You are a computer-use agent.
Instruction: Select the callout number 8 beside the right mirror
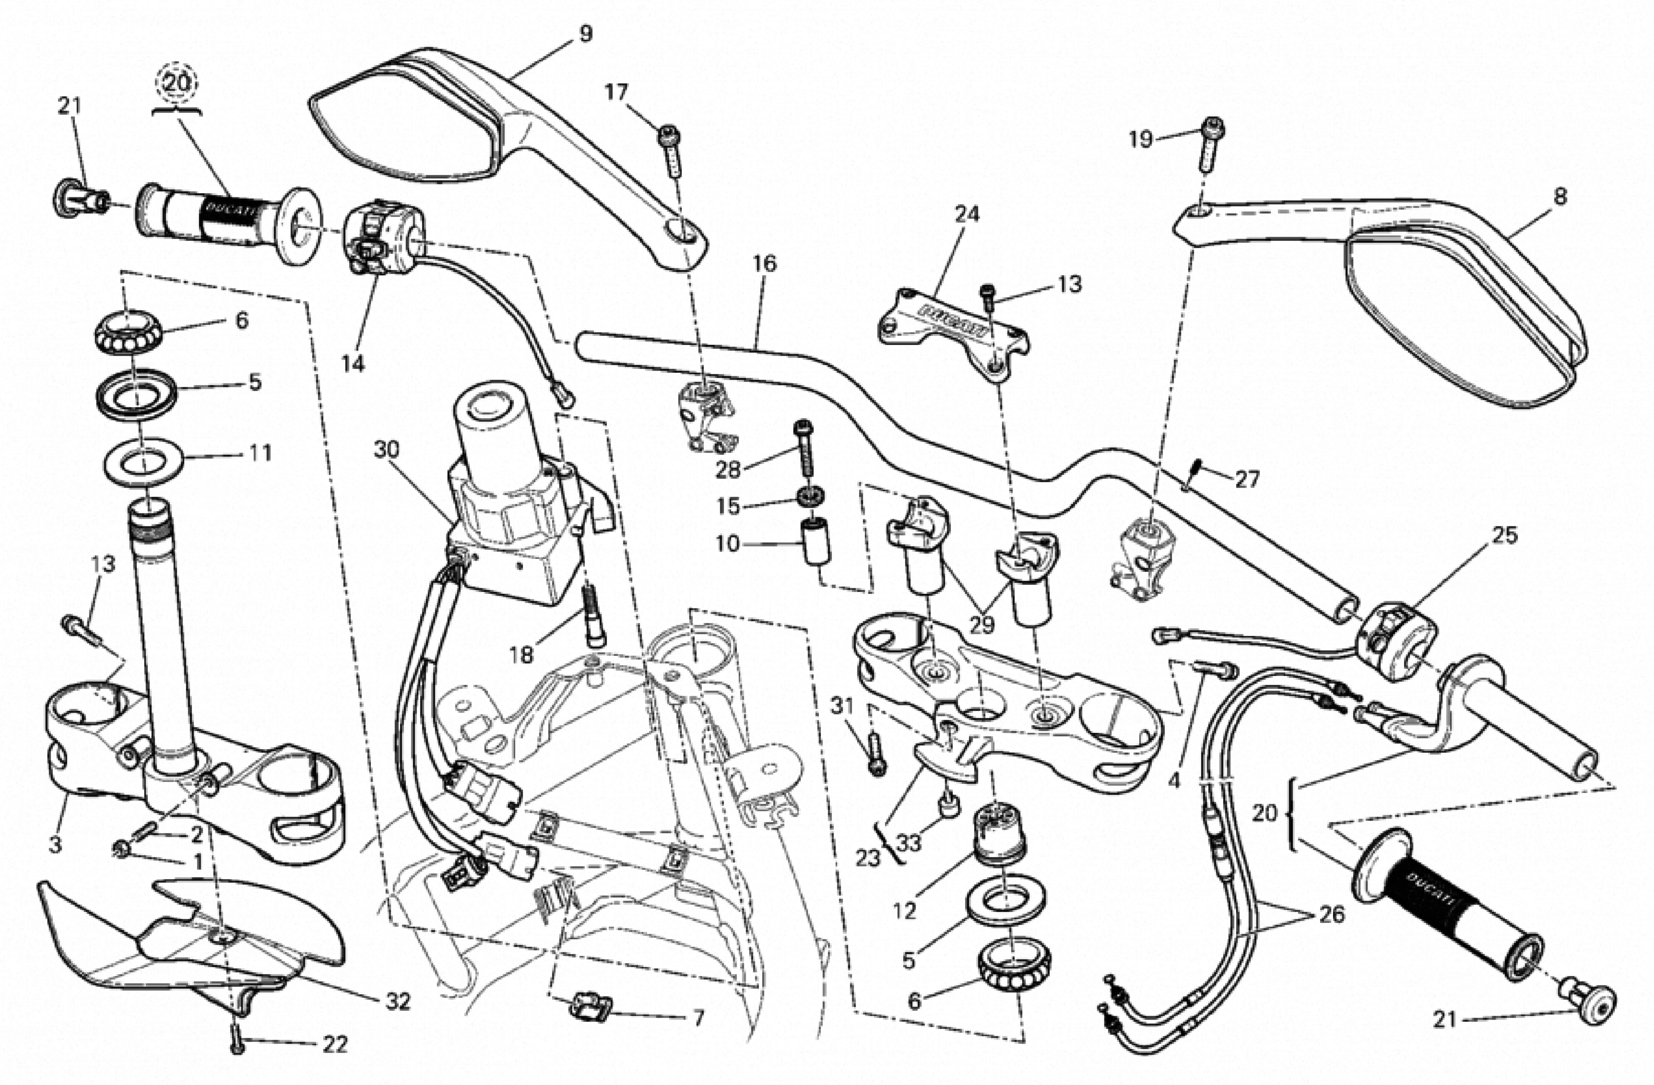[x=1560, y=197]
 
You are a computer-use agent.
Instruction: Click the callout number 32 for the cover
[x=398, y=1001]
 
